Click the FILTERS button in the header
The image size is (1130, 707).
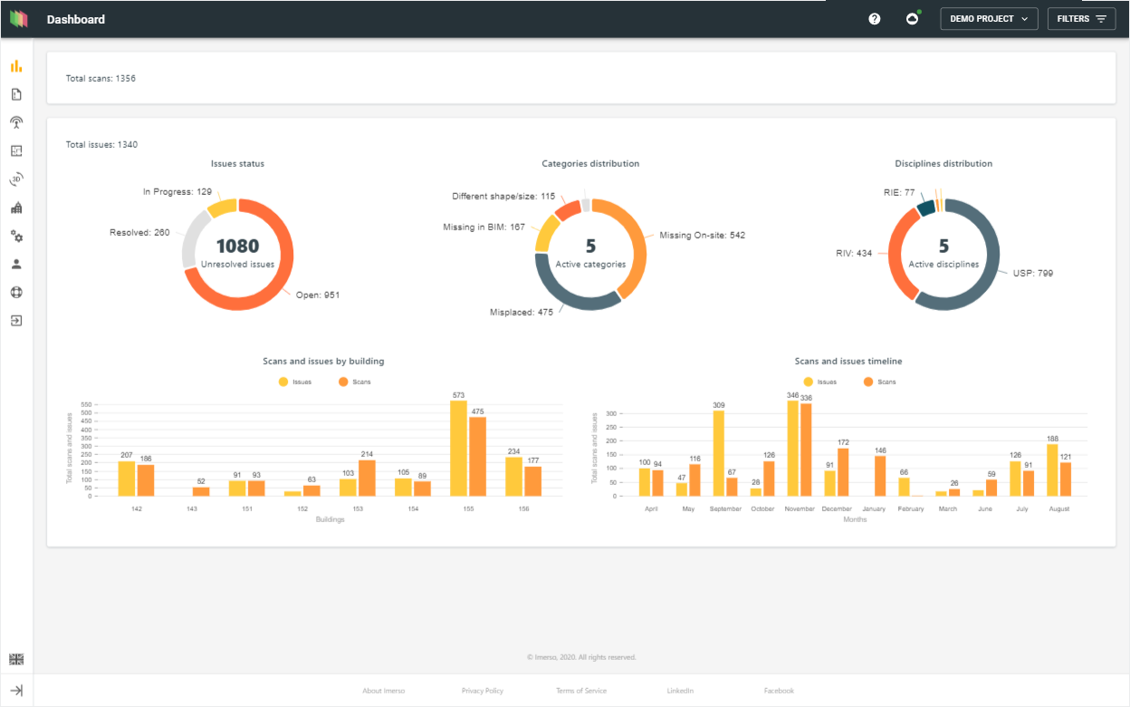[1081, 19]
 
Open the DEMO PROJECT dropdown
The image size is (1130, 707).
[989, 19]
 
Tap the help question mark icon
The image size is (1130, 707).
[875, 19]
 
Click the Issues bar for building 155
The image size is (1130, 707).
[458, 448]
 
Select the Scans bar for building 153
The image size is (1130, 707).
[367, 478]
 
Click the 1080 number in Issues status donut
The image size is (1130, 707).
[237, 246]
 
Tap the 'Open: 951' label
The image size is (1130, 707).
[317, 295]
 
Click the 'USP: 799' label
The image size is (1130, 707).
[1033, 273]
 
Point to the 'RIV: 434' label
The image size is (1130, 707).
[854, 253]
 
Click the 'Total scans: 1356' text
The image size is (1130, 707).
[101, 79]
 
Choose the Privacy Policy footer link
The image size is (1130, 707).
[482, 691]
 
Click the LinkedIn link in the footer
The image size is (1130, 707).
[680, 691]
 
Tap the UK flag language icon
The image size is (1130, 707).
[16, 659]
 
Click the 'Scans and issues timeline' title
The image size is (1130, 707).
[848, 362]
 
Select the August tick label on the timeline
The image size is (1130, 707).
[1058, 509]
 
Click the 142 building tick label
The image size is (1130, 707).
[136, 509]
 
